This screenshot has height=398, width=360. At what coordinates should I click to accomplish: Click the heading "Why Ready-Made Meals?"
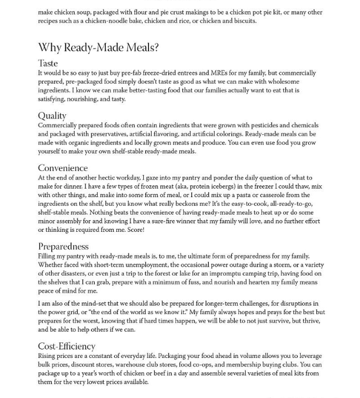point(98,48)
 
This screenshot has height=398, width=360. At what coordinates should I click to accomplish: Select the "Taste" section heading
point(48,63)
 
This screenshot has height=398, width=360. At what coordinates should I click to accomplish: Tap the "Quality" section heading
point(52,115)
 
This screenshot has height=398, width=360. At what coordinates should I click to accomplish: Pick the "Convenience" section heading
point(62,168)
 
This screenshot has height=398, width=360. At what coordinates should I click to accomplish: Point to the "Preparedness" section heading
point(63,246)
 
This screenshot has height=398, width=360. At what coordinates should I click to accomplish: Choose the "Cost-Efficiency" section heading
point(66,346)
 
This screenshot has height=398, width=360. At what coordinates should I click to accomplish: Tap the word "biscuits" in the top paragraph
point(244,21)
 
